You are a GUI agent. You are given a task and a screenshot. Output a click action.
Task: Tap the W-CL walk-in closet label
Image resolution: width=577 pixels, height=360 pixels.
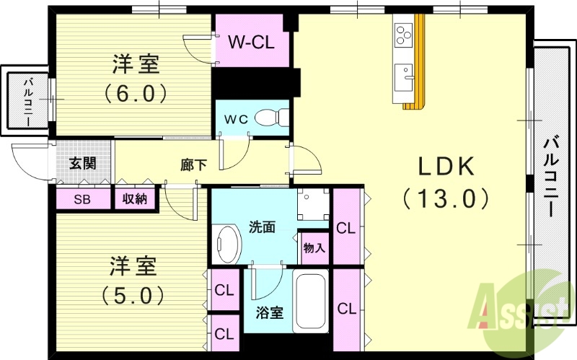[252, 42]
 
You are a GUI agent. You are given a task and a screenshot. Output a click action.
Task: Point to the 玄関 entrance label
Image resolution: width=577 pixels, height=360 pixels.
[82, 163]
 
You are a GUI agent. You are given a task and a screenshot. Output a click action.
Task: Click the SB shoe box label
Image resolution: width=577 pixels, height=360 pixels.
[82, 198]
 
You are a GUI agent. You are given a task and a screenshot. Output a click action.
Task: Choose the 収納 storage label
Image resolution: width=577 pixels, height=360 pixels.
[135, 198]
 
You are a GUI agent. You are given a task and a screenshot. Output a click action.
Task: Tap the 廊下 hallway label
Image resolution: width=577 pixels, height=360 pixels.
[193, 165]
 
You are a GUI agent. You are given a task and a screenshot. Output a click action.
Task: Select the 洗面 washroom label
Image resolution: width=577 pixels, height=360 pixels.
[262, 227]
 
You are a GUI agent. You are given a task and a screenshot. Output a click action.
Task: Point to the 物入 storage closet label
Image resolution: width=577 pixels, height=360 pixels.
[314, 247]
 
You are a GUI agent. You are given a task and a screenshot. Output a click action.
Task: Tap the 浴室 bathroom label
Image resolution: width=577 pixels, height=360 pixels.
[270, 313]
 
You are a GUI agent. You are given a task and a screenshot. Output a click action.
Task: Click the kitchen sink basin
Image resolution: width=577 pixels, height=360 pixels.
[403, 74]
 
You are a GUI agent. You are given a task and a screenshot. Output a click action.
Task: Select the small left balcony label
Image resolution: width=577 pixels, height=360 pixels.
[27, 102]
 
